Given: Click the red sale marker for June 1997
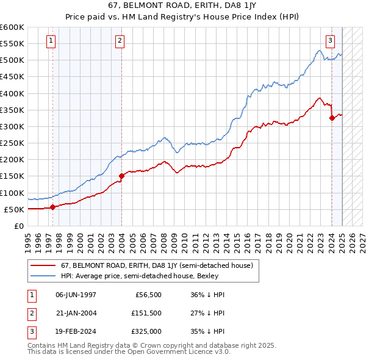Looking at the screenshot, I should tap(52, 207).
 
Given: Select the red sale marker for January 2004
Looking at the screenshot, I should tap(121, 176).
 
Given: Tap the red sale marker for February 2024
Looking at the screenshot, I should tap(332, 118).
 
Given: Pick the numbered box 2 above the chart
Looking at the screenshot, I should tap(120, 41).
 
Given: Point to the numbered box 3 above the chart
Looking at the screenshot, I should tap(330, 41).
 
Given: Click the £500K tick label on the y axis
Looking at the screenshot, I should tap(12, 60).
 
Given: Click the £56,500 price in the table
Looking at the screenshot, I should tap(146, 294).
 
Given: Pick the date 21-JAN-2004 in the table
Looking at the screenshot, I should tap(76, 314).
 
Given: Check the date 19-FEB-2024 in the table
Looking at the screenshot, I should tap(76, 333).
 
